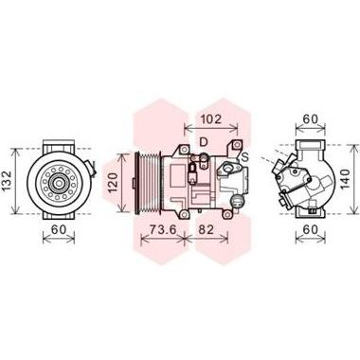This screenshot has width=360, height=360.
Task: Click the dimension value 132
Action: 7,181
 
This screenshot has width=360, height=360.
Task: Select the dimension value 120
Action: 113,183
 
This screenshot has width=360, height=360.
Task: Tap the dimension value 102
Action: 211,119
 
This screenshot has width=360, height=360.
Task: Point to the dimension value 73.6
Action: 162,229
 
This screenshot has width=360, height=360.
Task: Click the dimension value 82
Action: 207,229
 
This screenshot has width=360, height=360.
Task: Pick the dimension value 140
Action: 345,179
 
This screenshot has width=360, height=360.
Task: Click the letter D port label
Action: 204,142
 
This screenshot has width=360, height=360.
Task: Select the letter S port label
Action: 244,156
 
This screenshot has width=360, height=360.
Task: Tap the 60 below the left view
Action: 59,229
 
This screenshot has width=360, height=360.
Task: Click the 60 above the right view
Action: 310,119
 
